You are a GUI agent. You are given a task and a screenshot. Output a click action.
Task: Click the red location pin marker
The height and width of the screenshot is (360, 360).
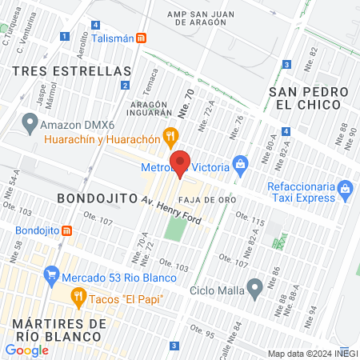[181, 162]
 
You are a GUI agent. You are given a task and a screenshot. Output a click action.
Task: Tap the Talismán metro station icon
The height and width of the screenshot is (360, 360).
[142, 38]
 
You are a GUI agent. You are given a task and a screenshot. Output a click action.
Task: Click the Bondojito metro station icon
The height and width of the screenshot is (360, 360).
[67, 230]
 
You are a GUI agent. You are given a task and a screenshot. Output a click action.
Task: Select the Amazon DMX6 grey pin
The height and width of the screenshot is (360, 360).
[30, 123]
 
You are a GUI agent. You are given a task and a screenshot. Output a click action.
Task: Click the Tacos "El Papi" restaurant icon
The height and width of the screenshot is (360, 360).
[78, 298]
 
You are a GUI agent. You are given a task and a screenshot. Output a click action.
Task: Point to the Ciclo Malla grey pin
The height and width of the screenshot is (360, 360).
[254, 286]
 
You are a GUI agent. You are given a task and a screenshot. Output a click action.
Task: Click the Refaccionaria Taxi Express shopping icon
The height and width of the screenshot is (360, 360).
[345, 190]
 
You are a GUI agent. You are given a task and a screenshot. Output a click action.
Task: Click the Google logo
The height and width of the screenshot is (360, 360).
[27, 350]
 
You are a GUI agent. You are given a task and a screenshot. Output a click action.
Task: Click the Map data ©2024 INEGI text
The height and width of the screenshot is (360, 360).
[311, 354]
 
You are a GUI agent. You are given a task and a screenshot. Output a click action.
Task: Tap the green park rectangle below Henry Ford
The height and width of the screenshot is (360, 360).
[175, 228]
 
